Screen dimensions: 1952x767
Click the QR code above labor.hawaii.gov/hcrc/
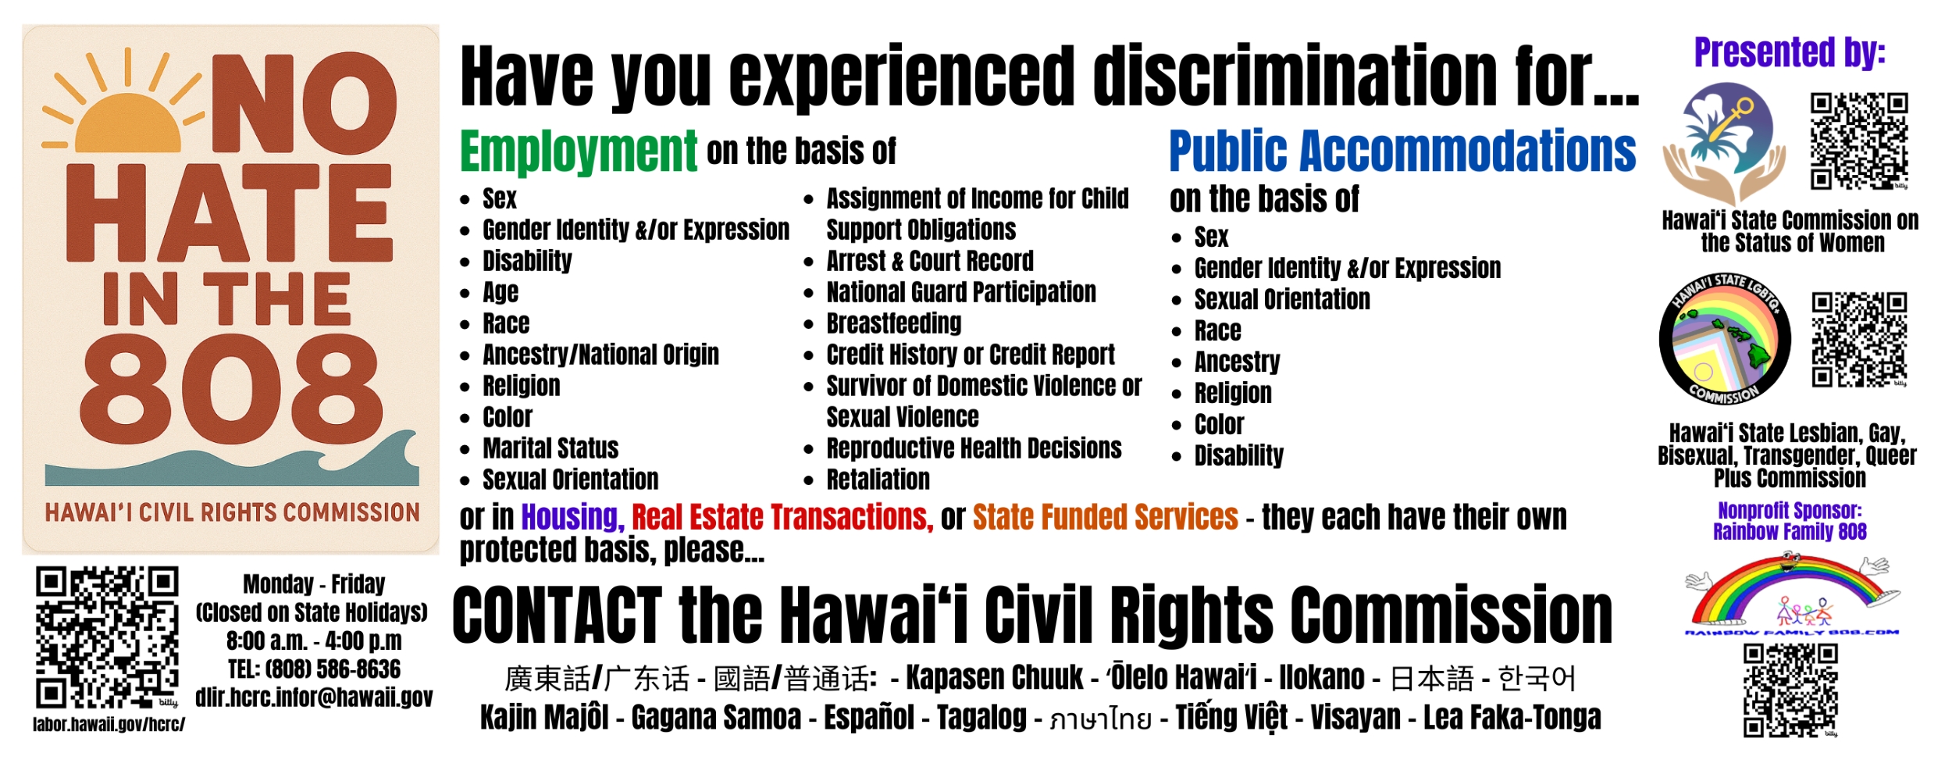click(107, 637)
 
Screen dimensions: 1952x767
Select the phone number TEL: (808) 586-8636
click(314, 669)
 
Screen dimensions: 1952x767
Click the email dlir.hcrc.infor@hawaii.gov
click(314, 697)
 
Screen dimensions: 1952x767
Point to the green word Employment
click(578, 152)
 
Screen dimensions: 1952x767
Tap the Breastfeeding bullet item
click(894, 323)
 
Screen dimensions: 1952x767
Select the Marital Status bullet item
click(550, 448)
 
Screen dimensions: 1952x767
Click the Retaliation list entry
click(878, 479)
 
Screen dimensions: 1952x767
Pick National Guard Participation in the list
click(961, 291)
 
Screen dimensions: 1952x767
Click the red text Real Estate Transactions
click(782, 517)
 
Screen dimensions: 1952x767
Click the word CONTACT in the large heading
click(557, 615)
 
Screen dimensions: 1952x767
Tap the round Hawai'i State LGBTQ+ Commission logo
click(1725, 340)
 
